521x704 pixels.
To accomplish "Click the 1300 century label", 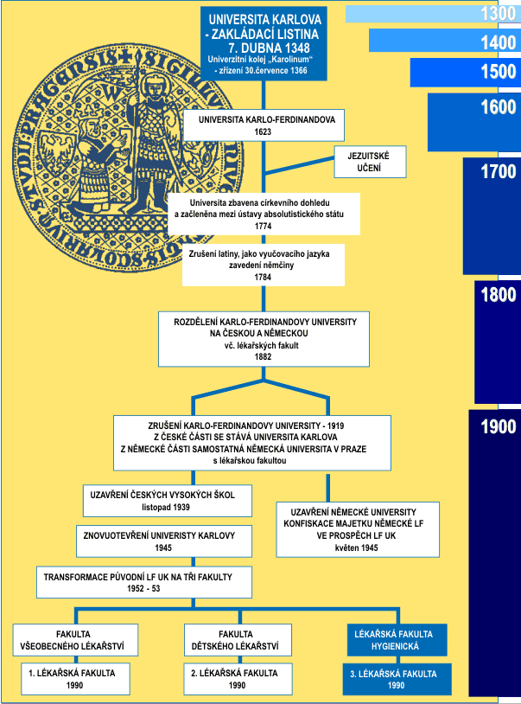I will (499, 14).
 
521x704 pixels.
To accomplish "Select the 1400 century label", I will (499, 42).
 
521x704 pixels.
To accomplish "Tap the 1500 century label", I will (499, 72).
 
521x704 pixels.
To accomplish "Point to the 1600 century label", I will (499, 107).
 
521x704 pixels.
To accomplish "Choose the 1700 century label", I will (499, 172).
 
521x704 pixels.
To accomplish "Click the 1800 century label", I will (499, 295).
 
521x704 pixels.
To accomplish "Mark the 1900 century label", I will (499, 427).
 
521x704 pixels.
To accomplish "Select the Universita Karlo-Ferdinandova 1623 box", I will (264, 125).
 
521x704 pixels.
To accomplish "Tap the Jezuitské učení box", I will (369, 162).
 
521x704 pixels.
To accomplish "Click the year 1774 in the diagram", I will (264, 226).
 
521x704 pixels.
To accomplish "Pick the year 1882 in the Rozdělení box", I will (264, 355).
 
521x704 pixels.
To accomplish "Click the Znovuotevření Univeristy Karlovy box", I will (164, 541).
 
